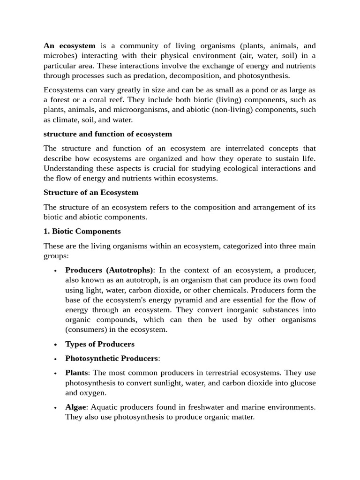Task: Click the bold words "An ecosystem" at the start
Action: (69, 46)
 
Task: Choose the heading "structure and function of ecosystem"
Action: (108, 134)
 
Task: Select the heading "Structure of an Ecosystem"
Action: (91, 193)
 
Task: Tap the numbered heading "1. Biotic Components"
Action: (82, 232)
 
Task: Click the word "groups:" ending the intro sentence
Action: (56, 256)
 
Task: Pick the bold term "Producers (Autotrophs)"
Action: (109, 270)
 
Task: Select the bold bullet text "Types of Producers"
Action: (100, 344)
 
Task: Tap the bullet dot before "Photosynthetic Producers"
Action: (55, 359)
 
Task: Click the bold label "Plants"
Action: (76, 373)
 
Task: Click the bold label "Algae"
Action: (75, 407)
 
